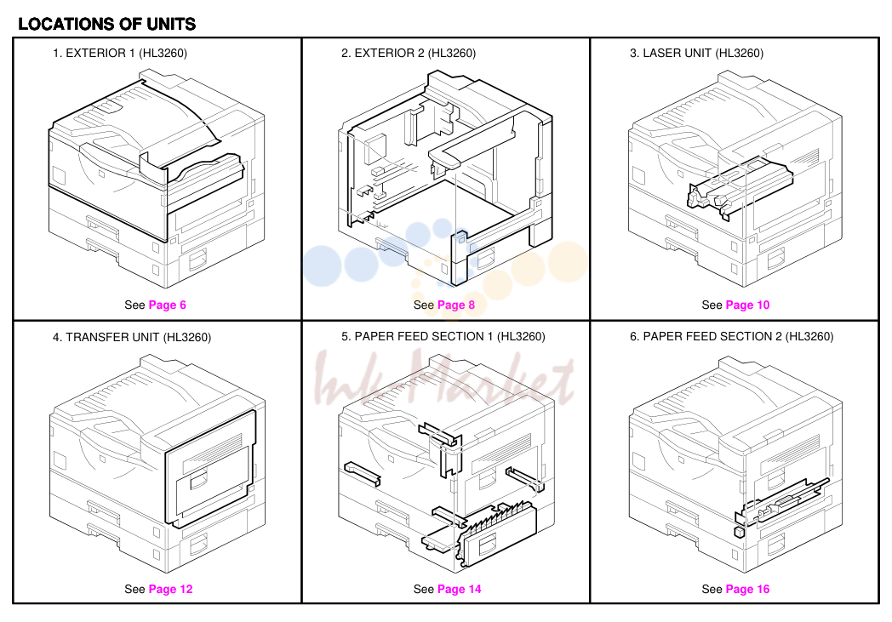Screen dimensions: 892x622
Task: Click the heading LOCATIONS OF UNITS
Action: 107,24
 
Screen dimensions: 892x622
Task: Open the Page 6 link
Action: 167,305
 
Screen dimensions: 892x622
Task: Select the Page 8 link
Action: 456,305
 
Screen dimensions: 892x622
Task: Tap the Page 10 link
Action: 747,305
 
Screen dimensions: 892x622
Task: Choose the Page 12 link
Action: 171,589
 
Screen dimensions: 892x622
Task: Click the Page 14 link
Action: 459,589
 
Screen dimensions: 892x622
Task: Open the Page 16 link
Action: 747,589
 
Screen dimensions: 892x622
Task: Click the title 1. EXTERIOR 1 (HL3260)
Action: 120,53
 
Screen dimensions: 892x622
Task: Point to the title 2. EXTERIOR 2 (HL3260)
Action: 409,53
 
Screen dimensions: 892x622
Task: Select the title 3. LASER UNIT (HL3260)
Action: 696,53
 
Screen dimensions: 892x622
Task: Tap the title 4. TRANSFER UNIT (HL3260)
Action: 132,337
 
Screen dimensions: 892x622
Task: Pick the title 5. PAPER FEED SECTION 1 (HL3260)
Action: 443,337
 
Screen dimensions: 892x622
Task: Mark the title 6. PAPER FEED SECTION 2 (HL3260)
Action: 732,337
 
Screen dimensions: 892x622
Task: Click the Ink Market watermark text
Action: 443,378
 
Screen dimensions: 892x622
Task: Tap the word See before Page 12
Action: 134,589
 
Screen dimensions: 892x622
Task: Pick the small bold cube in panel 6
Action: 739,532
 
